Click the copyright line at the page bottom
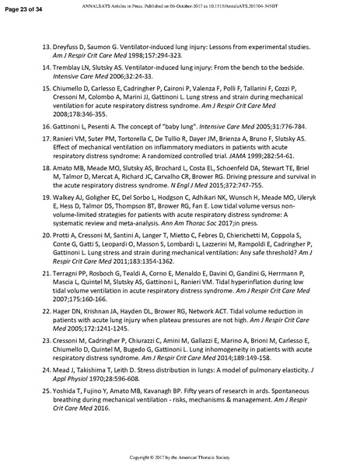tap(180, 457)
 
